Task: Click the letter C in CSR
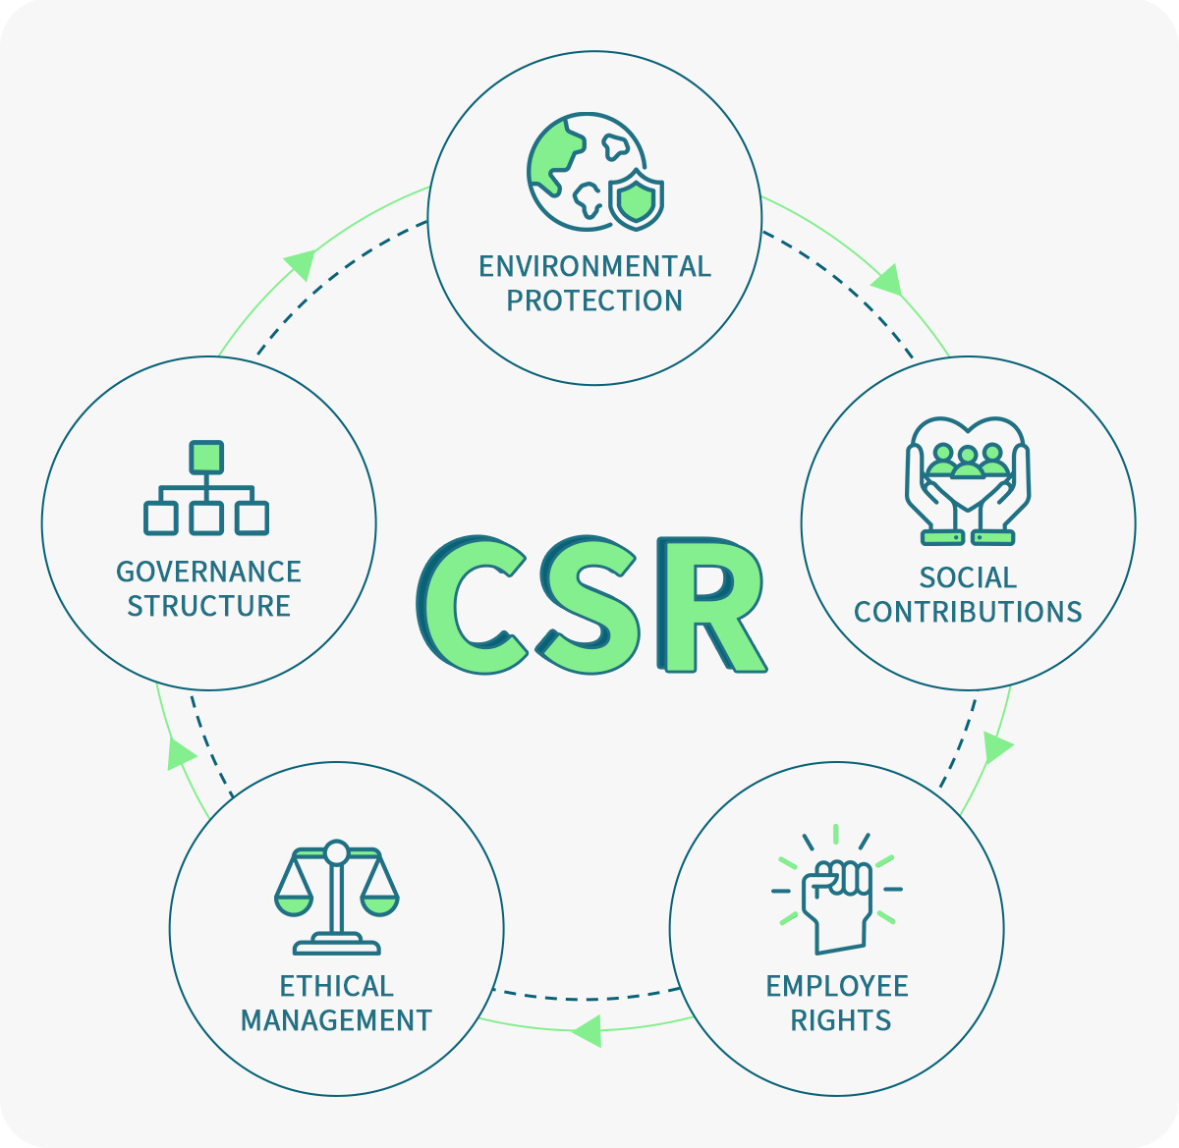point(473,604)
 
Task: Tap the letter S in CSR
point(589,604)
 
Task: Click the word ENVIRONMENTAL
point(594,267)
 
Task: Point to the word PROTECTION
point(594,301)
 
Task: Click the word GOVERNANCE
point(208,572)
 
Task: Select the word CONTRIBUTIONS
point(968,612)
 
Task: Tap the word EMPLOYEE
point(837,986)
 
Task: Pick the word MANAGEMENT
point(336,1020)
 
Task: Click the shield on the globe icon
point(637,199)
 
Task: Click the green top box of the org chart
point(206,457)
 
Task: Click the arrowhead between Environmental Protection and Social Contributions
point(889,279)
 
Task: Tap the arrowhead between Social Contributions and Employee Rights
point(996,748)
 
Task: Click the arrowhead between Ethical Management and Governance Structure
point(180,753)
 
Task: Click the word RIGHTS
point(841,1020)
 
